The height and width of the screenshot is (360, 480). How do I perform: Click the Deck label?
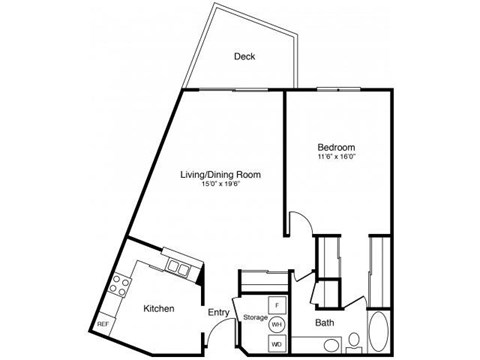[244, 57]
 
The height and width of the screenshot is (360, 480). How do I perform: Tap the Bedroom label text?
[335, 147]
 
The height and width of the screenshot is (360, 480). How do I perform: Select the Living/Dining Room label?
[220, 175]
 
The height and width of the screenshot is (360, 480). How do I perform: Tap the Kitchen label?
[160, 309]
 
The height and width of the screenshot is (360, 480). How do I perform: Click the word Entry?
[219, 313]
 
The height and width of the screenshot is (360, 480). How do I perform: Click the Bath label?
[325, 323]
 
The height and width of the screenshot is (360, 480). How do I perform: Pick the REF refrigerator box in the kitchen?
[103, 326]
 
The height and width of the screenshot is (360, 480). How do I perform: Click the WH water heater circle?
[278, 324]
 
